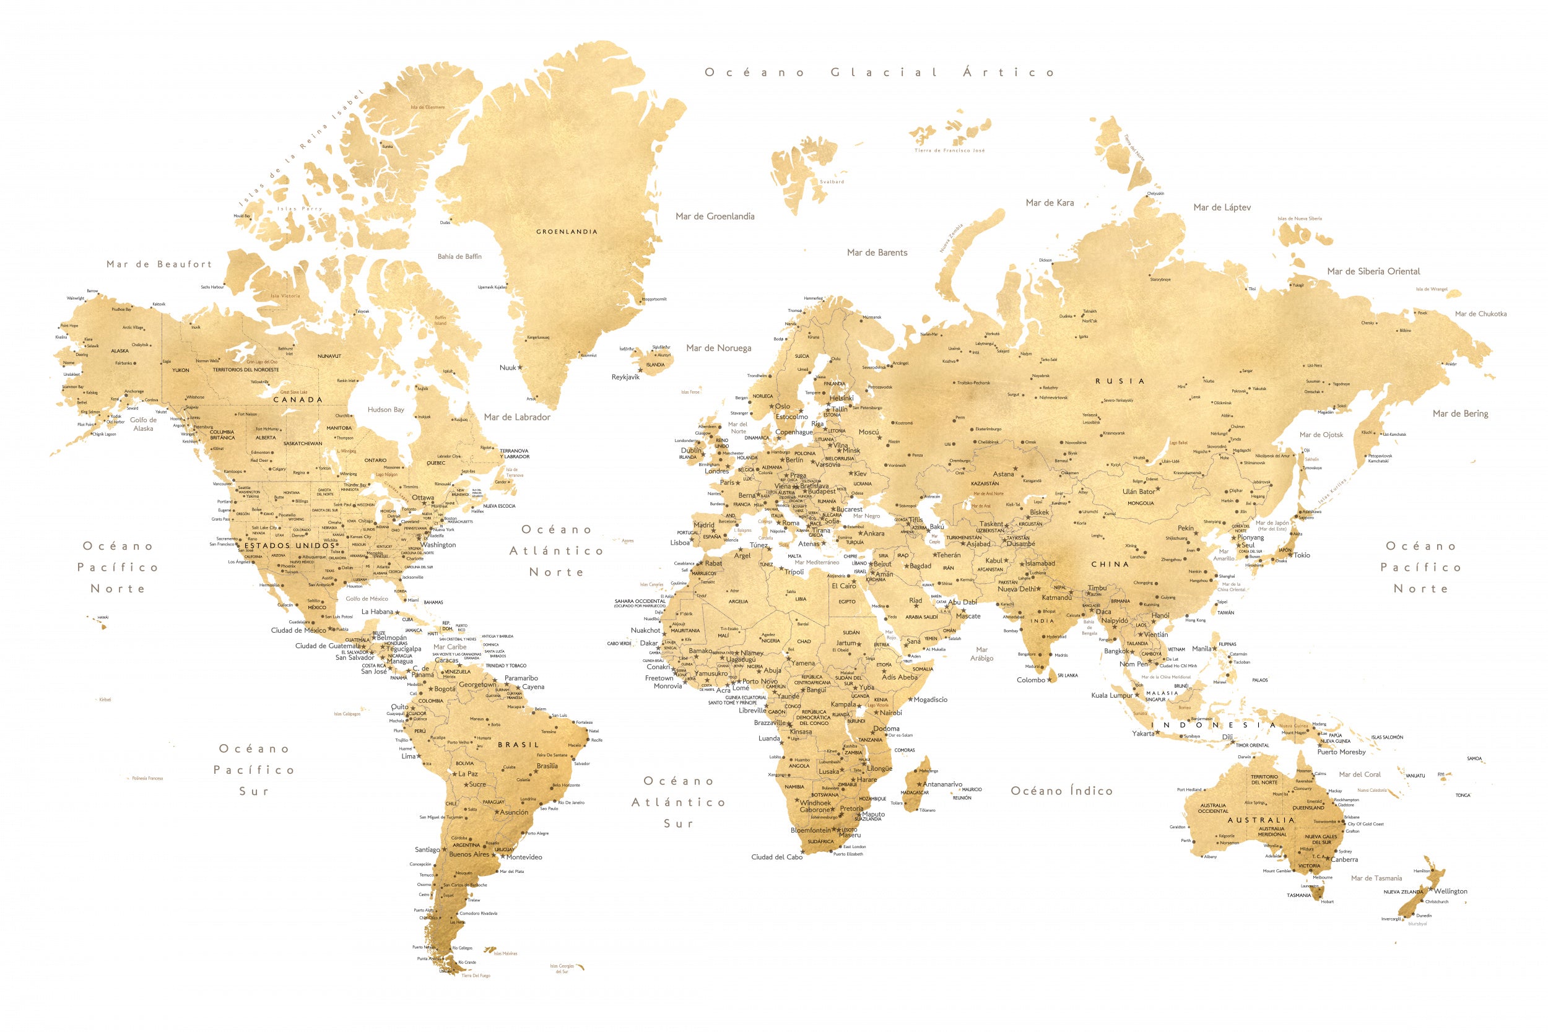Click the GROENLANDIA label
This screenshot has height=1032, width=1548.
(x=567, y=232)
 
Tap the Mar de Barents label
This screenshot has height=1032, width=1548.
(x=877, y=253)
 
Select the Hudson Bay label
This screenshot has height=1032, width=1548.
(x=386, y=409)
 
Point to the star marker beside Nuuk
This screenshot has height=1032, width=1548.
(x=520, y=367)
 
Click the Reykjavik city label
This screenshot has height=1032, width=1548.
(x=625, y=377)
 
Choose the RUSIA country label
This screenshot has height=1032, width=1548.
(x=1120, y=381)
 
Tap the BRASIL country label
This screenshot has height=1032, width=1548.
(x=518, y=744)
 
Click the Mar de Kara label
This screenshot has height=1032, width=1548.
(x=1050, y=202)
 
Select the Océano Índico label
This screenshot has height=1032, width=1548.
(x=1061, y=791)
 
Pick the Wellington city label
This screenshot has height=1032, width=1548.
(x=1451, y=891)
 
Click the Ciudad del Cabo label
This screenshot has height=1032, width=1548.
(x=776, y=857)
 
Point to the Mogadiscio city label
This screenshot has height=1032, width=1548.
(x=930, y=700)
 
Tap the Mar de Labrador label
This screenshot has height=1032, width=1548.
(x=516, y=417)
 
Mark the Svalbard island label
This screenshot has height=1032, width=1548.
(x=832, y=181)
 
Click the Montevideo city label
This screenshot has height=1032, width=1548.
(x=524, y=857)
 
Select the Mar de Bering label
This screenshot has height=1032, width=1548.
(x=1460, y=414)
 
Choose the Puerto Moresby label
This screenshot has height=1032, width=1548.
(x=1341, y=752)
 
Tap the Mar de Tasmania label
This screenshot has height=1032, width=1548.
(x=1376, y=878)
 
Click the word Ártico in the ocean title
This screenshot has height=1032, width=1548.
(x=1008, y=72)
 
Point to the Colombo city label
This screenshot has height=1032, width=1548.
(x=1031, y=680)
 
